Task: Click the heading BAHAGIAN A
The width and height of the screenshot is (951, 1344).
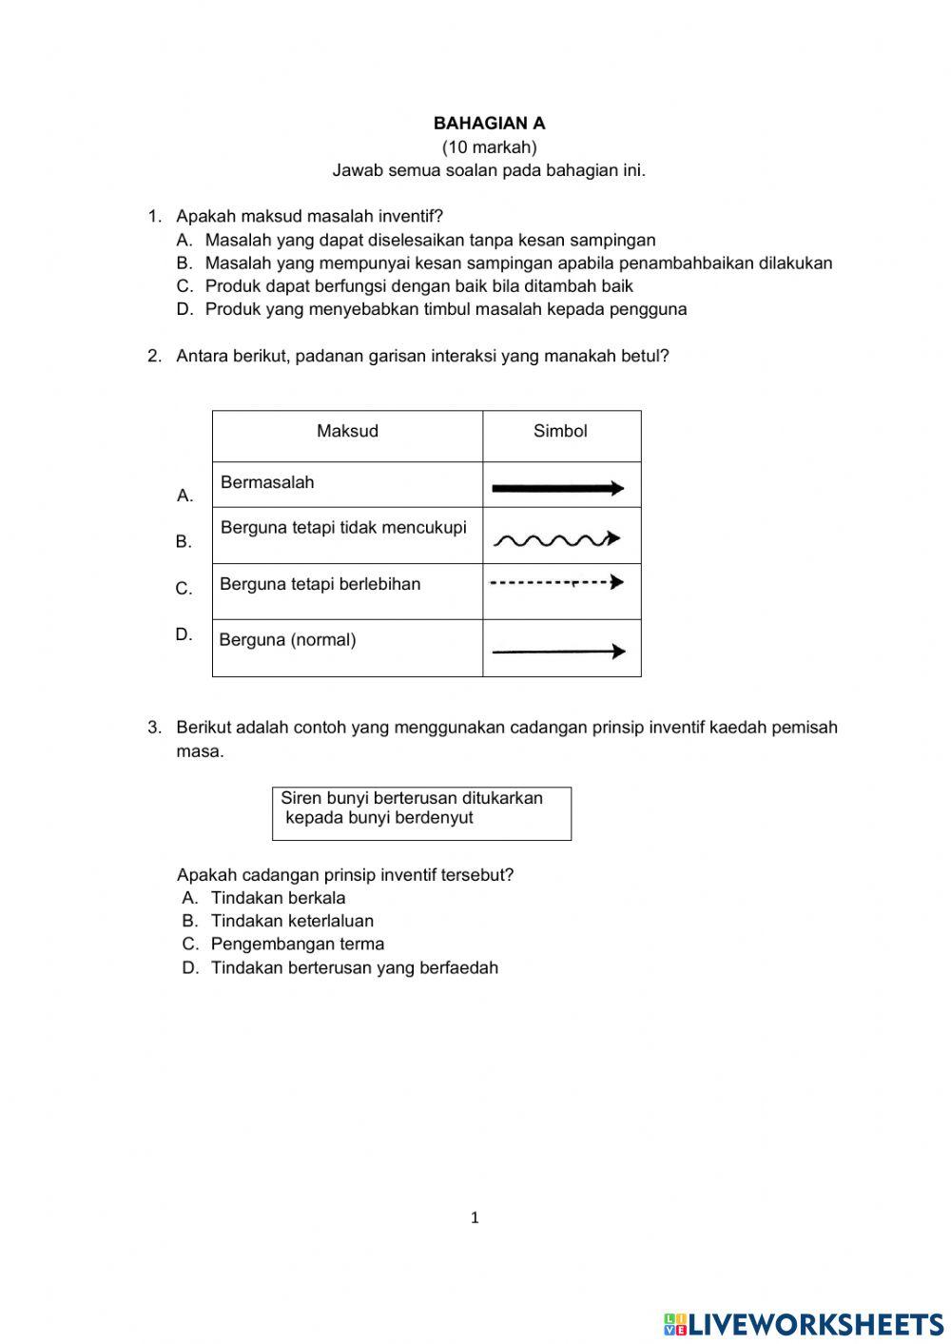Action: [489, 124]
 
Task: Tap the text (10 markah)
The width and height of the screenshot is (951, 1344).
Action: [489, 147]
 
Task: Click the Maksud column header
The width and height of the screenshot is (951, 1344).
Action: [347, 431]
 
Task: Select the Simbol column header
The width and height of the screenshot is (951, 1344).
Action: [560, 431]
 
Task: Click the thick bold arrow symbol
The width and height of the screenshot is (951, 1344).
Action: [557, 488]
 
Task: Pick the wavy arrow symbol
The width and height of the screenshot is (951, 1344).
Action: [557, 540]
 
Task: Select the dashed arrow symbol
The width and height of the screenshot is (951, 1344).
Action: [557, 582]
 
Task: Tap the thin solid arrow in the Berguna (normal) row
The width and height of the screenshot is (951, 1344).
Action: [558, 652]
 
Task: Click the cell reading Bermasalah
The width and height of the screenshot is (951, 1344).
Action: [267, 482]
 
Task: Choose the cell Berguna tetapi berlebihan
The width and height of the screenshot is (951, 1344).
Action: [320, 584]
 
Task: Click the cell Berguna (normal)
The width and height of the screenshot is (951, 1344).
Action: [287, 640]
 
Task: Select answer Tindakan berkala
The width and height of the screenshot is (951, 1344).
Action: [278, 898]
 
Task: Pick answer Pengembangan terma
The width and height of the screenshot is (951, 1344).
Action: [297, 945]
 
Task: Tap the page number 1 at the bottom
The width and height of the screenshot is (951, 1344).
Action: [475, 1217]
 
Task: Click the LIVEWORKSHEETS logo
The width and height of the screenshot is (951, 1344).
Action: [804, 1323]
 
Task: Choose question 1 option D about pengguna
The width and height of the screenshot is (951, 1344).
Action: [445, 309]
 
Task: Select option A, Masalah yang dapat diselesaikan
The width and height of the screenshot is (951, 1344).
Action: [430, 241]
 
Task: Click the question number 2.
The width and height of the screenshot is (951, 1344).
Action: [154, 356]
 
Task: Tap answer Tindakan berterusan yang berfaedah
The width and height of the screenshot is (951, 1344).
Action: [354, 968]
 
